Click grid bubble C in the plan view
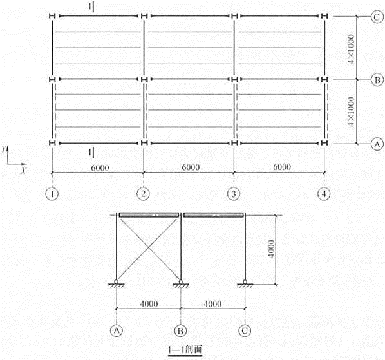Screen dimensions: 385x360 coord(377,17)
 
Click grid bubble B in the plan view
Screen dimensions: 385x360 coord(377,80)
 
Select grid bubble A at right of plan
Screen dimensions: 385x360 coord(377,144)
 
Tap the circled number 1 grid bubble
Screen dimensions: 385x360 coord(52,194)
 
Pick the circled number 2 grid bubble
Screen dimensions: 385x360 coord(143,194)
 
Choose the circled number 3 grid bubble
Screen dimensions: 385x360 coord(234,194)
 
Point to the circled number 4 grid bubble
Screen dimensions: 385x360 coord(324,194)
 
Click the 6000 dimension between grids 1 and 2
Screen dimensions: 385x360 coord(100,167)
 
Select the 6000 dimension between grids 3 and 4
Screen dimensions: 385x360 coord(282,167)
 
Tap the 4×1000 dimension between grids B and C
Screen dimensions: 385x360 coord(351,49)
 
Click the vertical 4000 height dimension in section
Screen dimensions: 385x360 coord(271,249)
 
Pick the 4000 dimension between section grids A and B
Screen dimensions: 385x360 coord(149,304)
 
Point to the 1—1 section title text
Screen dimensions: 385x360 coord(185,349)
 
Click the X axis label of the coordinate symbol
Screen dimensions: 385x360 coord(24,170)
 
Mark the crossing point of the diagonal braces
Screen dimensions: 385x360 coord(148,248)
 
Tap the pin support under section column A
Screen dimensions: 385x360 coord(116,283)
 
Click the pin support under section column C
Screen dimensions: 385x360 coord(245,283)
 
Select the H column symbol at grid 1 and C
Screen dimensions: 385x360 coord(52,16)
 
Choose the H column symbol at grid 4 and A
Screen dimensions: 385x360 coord(324,143)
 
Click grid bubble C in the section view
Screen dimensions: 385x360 coord(245,330)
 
